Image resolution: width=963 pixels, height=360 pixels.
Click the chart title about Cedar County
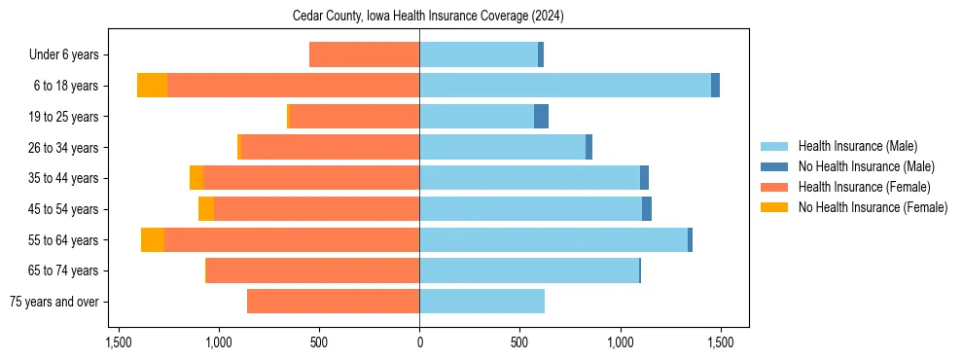[x=428, y=17]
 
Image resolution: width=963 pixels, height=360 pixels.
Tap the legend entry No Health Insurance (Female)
[x=873, y=207]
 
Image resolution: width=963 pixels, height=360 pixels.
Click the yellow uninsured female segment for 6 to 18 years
[x=152, y=86]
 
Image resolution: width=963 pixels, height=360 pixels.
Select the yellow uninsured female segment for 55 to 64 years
[x=153, y=239]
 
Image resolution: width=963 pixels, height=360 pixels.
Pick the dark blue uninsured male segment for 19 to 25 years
[x=542, y=117]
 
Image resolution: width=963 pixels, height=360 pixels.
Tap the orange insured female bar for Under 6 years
[x=365, y=55]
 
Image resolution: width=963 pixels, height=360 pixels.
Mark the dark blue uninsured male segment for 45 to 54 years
[x=647, y=209]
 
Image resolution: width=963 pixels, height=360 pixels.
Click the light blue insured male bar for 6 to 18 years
[x=564, y=86]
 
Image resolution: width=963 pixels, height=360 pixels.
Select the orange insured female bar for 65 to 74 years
[x=312, y=270]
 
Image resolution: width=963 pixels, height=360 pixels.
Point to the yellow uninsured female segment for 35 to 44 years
[x=196, y=178]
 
